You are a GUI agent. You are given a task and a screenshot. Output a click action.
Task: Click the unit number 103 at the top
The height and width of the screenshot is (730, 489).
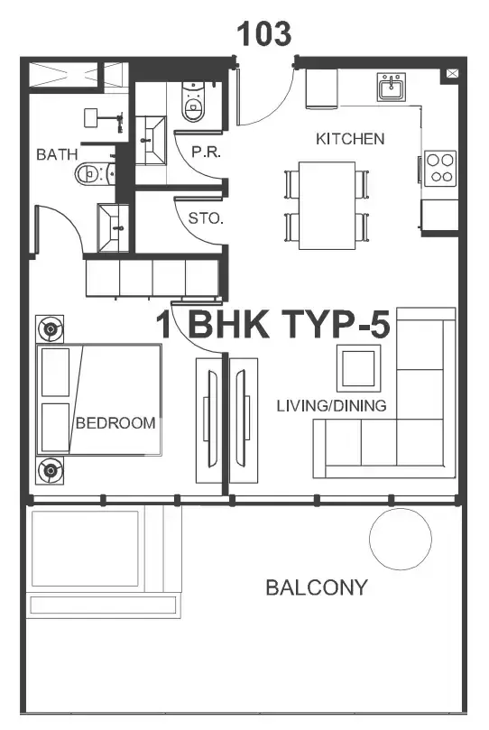264,34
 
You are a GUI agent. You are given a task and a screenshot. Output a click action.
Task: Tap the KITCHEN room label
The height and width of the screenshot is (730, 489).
350,139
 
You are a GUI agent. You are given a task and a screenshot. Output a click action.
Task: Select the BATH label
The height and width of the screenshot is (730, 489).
57,154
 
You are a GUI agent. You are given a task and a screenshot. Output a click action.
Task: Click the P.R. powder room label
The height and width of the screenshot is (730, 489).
206,152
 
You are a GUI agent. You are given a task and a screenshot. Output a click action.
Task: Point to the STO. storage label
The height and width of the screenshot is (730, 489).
206,217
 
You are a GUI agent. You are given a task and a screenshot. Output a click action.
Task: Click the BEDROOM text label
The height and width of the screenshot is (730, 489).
115,422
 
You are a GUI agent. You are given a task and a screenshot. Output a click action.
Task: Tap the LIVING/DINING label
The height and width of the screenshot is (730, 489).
331,405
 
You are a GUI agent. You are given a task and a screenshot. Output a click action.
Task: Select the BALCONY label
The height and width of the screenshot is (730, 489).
317,587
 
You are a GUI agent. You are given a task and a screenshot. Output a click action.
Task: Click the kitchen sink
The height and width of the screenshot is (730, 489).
392,87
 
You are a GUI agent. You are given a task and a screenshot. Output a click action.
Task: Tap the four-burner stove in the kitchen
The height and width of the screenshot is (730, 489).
439,168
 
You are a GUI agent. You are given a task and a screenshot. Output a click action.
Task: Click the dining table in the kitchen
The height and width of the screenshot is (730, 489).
327,206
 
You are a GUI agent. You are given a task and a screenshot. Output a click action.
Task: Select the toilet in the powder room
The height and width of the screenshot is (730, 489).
193,101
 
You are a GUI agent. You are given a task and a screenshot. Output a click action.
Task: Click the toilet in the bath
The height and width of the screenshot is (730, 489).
93,173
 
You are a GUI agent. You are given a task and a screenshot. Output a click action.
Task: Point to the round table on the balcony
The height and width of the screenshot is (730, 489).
401,539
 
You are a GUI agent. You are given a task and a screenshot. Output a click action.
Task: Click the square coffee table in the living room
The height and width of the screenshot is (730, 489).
358,368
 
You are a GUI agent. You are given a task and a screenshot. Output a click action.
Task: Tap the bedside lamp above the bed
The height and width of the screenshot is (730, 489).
50,329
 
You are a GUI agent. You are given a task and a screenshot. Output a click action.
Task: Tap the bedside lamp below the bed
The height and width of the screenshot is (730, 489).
50,471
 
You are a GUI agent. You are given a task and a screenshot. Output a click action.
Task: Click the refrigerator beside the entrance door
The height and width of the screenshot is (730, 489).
321,89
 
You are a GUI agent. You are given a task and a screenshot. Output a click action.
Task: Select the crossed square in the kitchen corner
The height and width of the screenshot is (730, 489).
452,73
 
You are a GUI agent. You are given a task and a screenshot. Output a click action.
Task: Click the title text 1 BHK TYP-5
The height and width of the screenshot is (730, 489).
272,324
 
